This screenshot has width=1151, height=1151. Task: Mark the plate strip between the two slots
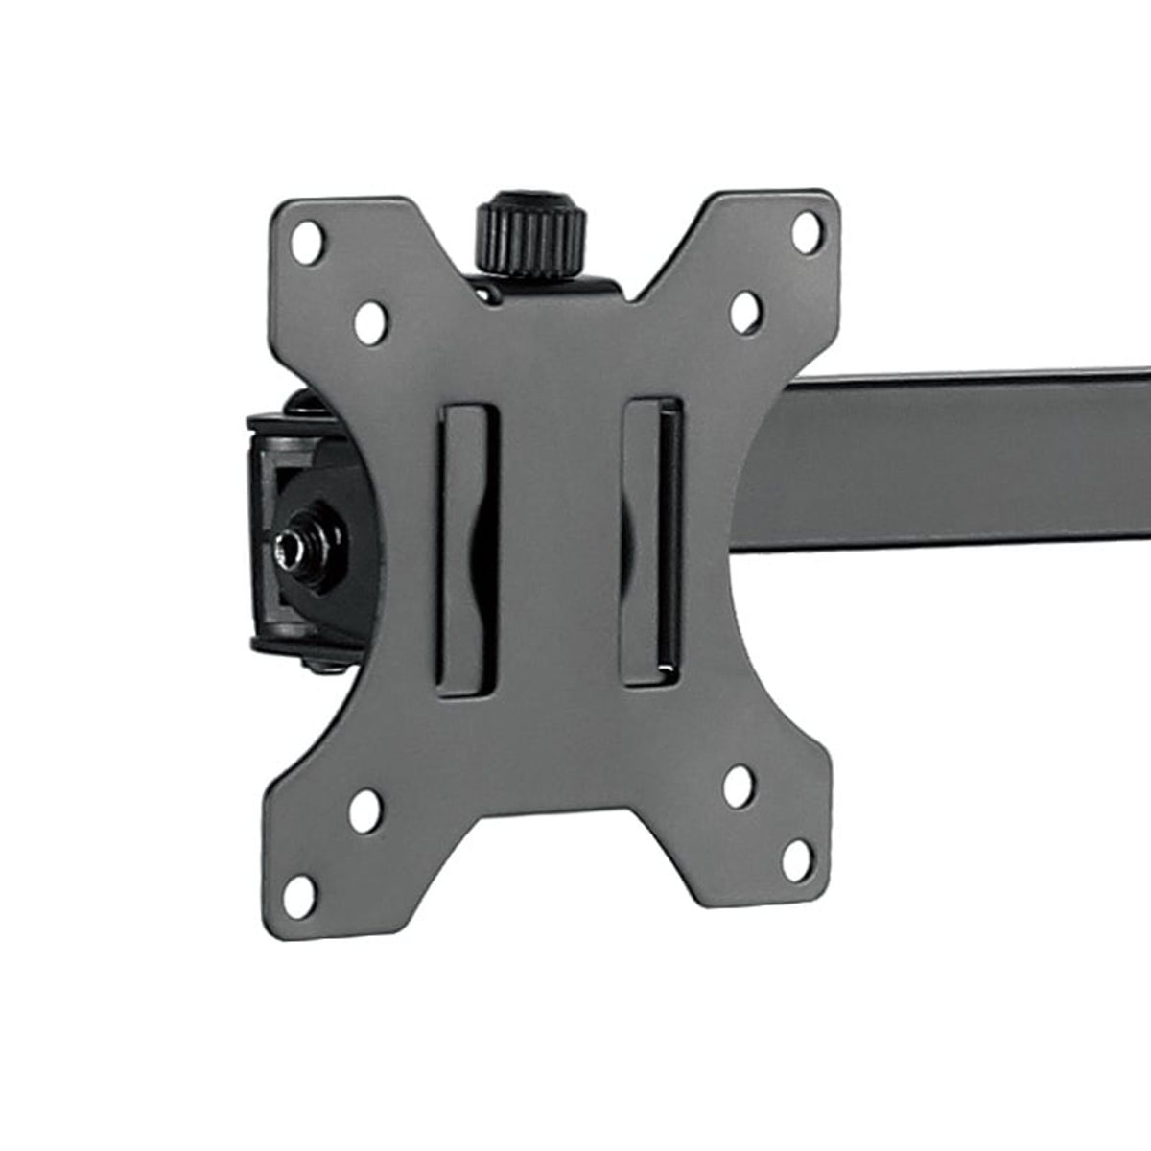pos(561,547)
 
